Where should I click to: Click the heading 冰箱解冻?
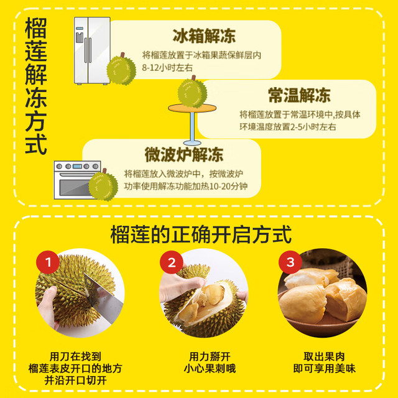click(204, 36)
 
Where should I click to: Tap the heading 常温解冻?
click(300, 95)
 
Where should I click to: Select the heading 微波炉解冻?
click(184, 154)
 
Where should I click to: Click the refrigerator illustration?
click(92, 50)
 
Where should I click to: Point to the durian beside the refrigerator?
click(121, 69)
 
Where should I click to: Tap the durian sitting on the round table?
click(192, 92)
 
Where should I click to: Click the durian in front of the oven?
click(103, 185)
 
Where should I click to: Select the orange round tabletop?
click(192, 108)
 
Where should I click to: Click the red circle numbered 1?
click(48, 262)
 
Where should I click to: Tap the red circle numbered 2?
click(172, 262)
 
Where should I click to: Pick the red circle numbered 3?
click(290, 262)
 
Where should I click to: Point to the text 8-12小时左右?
click(167, 68)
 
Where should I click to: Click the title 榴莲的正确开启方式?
click(201, 235)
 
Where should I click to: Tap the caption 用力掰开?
click(210, 356)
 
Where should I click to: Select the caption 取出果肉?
click(324, 356)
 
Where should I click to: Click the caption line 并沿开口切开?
click(75, 381)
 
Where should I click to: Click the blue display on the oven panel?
click(77, 167)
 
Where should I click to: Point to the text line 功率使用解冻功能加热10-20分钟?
click(186, 187)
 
